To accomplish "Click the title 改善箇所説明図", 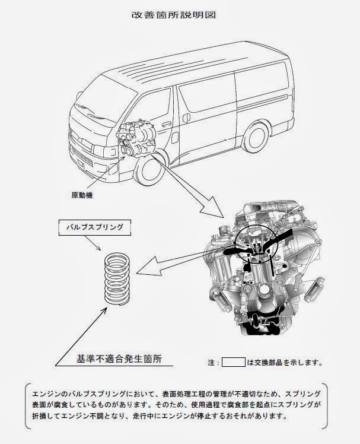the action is pos(174,15).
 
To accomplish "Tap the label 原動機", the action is pos(82,195).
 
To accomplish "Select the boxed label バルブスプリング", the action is pos(95,227).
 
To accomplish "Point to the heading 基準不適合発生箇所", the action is pos(119,359).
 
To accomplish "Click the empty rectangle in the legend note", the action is pos(234,362).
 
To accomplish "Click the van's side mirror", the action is pos(78,96).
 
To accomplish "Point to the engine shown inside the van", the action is pos(136,139).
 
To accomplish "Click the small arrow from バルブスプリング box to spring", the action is pos(93,243).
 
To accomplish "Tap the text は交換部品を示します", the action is pos(285,363).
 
